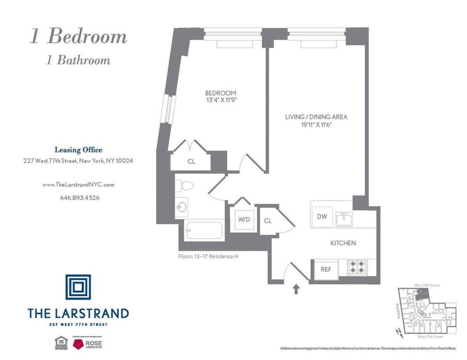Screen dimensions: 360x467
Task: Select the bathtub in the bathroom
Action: tap(204, 231)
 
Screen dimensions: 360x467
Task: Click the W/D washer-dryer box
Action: tap(244, 220)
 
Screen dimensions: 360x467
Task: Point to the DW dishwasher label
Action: tap(321, 217)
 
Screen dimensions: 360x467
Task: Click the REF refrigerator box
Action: tap(325, 269)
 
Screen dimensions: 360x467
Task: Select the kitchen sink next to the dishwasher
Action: tap(344, 218)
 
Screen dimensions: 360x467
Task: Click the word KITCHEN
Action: tap(343, 243)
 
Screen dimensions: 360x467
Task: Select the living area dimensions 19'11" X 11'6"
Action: tap(316, 124)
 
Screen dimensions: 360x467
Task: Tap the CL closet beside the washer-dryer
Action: tap(268, 220)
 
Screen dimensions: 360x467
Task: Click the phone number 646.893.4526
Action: tap(80, 197)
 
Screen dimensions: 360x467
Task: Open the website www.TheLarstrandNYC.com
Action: tap(78, 185)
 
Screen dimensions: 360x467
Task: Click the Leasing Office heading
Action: tap(78, 150)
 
